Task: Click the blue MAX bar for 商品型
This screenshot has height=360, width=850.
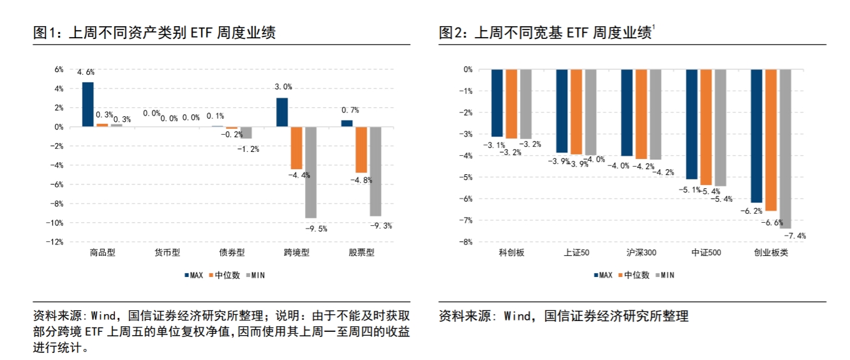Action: (x=88, y=105)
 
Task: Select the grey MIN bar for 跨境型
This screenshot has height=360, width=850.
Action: (x=310, y=172)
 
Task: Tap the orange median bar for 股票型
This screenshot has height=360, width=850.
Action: (x=361, y=149)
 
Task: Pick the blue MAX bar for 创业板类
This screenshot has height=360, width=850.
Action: (x=756, y=135)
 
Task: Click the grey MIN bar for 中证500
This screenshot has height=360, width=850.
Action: (x=720, y=128)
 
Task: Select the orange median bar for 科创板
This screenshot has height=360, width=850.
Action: (x=512, y=103)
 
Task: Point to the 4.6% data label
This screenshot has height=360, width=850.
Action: (x=86, y=73)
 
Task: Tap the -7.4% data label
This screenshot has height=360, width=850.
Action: (x=794, y=236)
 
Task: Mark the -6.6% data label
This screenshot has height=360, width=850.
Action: (x=772, y=222)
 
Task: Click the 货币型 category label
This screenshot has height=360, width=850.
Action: (x=167, y=253)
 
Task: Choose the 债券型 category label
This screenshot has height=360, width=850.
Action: (x=232, y=253)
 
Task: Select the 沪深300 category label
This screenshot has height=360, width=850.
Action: (x=641, y=253)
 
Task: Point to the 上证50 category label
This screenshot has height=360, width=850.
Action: (x=577, y=253)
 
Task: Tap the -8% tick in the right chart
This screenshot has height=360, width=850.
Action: (x=466, y=242)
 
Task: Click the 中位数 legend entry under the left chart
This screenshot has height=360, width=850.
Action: (x=213, y=275)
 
